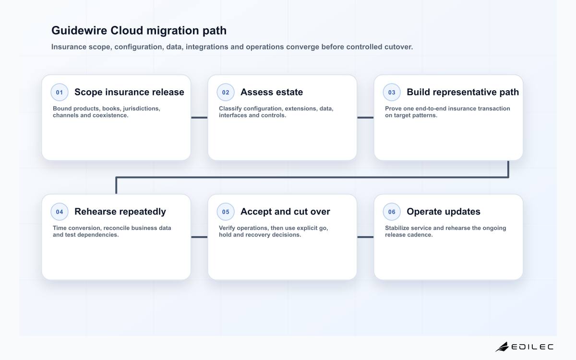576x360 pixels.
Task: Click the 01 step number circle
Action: click(x=60, y=92)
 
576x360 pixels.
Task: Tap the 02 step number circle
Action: click(x=226, y=92)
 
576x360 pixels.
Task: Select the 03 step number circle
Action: click(x=392, y=92)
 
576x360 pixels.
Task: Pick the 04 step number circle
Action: click(x=60, y=212)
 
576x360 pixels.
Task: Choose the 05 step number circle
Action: click(x=226, y=212)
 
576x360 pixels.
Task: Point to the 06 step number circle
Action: click(x=392, y=212)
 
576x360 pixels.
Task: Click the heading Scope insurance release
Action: click(x=129, y=92)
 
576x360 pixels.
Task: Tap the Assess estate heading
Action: click(x=272, y=92)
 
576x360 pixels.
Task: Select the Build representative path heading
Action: click(x=463, y=92)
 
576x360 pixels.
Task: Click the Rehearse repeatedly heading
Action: click(x=120, y=212)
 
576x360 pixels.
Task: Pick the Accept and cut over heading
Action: click(x=286, y=212)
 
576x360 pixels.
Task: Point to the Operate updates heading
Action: click(x=444, y=212)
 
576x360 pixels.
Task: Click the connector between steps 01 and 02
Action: click(x=199, y=118)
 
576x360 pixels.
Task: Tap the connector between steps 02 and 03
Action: click(x=365, y=118)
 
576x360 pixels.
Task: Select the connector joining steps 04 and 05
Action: click(x=199, y=237)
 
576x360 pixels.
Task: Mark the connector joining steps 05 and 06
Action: click(x=365, y=237)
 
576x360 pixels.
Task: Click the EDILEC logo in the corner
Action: click(x=524, y=347)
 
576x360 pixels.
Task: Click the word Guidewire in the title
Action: click(x=79, y=30)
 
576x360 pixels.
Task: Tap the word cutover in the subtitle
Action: click(x=398, y=47)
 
